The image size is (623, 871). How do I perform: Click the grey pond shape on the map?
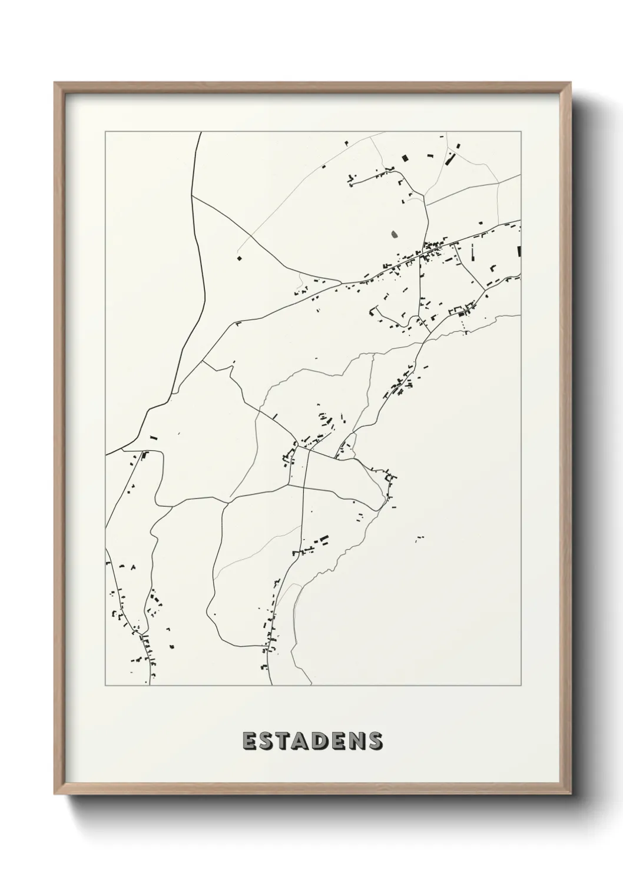tap(394, 235)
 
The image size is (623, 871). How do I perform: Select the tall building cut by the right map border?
tap(519, 251)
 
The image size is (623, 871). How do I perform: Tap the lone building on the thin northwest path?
tap(239, 257)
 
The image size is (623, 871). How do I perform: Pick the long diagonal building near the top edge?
tap(450, 159)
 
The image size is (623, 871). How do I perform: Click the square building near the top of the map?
tap(405, 157)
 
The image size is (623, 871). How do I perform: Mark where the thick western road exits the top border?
tap(200, 132)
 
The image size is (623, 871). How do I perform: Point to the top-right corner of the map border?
tap(521, 132)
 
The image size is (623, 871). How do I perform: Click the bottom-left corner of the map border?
tap(105, 686)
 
